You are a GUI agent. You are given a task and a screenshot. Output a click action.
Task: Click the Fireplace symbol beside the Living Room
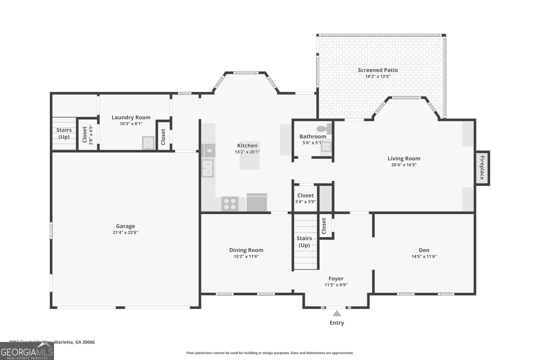click(x=482, y=168)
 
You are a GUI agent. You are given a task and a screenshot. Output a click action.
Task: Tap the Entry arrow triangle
click(x=336, y=313)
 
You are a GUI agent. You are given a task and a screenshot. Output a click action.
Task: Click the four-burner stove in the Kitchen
click(x=230, y=204)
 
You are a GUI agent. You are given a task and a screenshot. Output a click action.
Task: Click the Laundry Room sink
click(x=148, y=143)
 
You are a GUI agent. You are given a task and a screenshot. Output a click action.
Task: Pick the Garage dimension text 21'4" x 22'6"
click(x=125, y=232)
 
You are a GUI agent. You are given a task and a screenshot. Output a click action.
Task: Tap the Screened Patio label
click(x=378, y=70)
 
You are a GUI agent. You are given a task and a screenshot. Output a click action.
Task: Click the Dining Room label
click(x=246, y=250)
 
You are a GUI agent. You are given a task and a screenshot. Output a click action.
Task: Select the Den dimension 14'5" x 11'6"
click(x=424, y=256)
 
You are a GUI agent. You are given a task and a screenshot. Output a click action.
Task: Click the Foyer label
click(x=336, y=279)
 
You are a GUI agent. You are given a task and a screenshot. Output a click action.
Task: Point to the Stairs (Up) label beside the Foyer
click(x=304, y=242)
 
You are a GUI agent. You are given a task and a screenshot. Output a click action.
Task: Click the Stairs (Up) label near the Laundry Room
click(x=64, y=133)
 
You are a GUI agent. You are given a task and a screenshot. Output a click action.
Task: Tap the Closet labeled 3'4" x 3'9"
click(x=305, y=198)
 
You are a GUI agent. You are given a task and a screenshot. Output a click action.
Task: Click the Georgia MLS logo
click(x=27, y=351)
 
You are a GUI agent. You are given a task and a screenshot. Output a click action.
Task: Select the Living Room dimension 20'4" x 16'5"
click(x=404, y=165)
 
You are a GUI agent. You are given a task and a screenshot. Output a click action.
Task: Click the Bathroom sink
click(x=326, y=146)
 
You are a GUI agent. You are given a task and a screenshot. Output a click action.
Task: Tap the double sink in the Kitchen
click(x=208, y=168)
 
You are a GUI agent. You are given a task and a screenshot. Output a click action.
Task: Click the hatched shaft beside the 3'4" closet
click(x=326, y=198)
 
